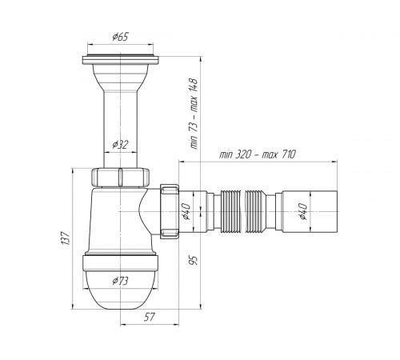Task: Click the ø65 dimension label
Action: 120,37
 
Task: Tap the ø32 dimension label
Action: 120,145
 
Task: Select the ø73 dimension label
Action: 120,281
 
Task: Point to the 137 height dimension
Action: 65,238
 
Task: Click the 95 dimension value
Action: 194,260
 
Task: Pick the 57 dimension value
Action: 150,317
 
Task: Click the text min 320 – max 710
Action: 258,154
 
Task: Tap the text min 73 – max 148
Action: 194,114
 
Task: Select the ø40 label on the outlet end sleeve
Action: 303,211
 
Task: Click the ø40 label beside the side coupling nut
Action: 186,211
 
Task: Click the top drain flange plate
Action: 121,60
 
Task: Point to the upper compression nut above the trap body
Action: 120,177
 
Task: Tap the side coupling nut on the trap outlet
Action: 170,210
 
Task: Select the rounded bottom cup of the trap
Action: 121,290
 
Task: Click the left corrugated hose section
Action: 231,211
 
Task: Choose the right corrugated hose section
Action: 255,211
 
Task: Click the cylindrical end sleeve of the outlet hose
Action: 310,212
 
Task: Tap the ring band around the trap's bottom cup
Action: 121,262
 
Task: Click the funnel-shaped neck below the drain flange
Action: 121,78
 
